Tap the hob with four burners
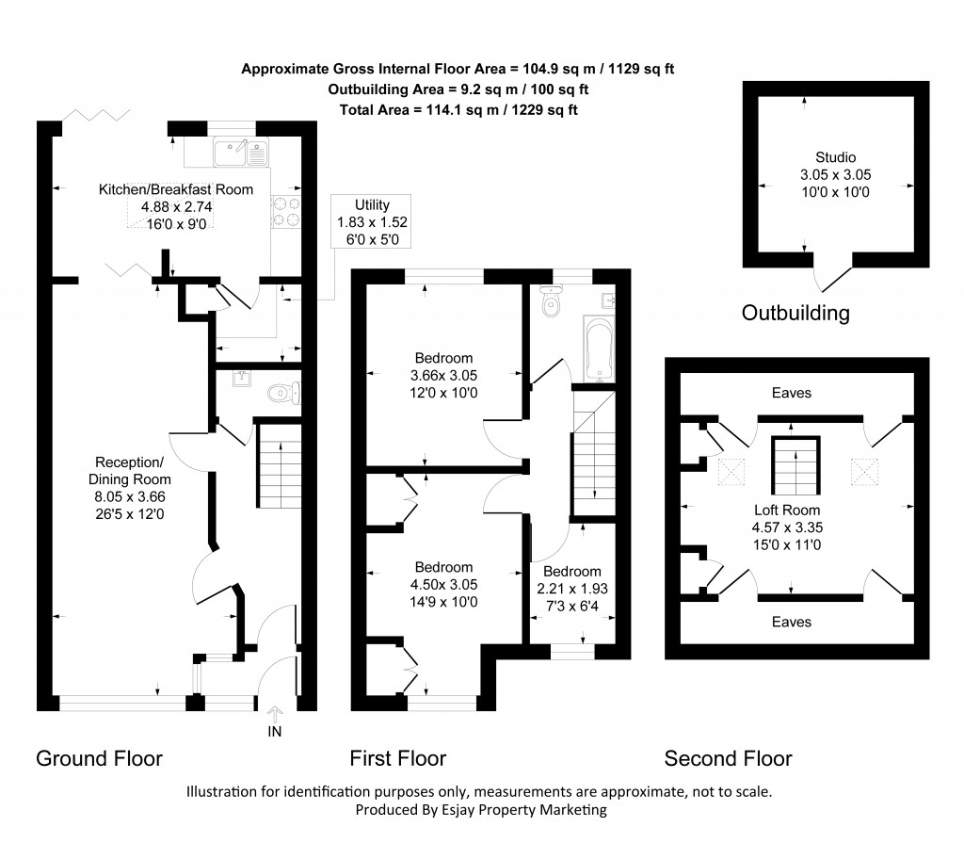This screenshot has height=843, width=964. click(x=286, y=213)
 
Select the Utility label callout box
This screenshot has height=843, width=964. click(x=372, y=222)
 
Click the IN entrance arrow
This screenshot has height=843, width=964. click(x=275, y=721)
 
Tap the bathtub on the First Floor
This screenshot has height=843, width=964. click(x=598, y=349)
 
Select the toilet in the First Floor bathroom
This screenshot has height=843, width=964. click(x=552, y=303)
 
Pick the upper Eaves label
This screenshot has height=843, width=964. click(x=791, y=393)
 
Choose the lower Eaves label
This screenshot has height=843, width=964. click(x=791, y=622)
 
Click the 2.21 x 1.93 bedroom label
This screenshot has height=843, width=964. click(x=571, y=588)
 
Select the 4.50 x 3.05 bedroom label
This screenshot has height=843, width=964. click(x=443, y=584)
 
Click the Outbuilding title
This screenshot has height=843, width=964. click(x=795, y=313)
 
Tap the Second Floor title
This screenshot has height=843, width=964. click(x=728, y=758)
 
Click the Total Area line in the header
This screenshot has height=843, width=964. click(x=458, y=110)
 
